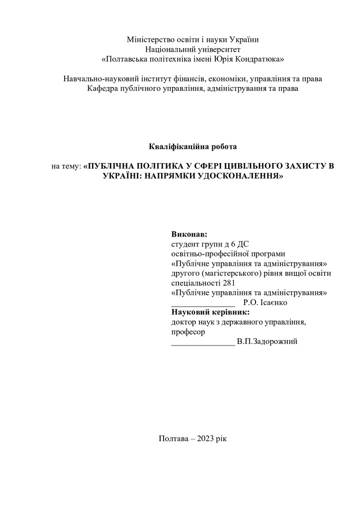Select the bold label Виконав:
[189, 234]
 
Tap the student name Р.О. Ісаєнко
[266, 302]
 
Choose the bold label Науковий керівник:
[210, 312]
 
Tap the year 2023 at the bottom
[206, 439]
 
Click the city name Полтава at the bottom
[174, 439]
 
